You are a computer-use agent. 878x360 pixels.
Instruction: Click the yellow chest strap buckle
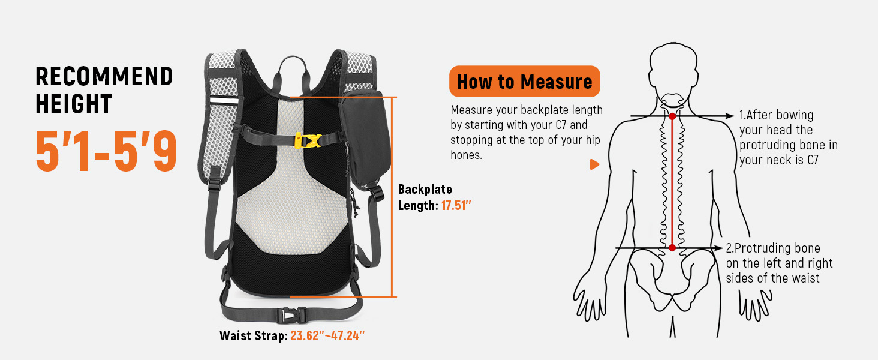[x=308, y=141]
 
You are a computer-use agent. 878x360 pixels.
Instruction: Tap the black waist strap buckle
[x=291, y=315]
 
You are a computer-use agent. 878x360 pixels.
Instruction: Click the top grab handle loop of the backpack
[x=293, y=71]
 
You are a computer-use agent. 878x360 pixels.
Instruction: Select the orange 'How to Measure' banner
[x=524, y=81]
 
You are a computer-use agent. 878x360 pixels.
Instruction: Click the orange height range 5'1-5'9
[x=106, y=151]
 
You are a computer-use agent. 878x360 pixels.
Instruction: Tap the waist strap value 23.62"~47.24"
[x=327, y=335]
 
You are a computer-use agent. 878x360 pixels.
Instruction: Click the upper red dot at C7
[x=672, y=116]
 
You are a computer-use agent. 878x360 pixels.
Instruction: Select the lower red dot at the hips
[x=672, y=248]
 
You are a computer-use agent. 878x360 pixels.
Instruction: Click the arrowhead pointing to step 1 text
[x=729, y=116]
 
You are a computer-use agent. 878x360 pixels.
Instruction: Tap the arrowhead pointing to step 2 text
[x=718, y=248]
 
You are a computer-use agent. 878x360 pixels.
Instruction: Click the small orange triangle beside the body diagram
[x=594, y=164]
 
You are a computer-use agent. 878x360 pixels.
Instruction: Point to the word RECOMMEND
[x=104, y=76]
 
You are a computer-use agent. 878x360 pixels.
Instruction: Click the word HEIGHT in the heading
[x=74, y=104]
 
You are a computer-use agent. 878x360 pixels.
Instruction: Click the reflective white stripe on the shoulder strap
[x=224, y=100]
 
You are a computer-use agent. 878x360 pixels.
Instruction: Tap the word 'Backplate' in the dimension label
[x=425, y=190]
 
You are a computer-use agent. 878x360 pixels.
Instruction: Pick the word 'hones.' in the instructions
[x=466, y=155]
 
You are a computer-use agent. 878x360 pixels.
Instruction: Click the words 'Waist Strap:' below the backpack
[x=254, y=335]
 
